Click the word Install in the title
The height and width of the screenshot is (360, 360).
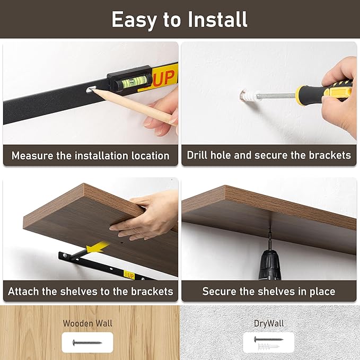pyautogui.click(x=217, y=20)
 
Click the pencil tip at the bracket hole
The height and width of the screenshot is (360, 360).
pyautogui.click(x=92, y=90)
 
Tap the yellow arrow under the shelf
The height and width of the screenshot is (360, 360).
pyautogui.click(x=97, y=248)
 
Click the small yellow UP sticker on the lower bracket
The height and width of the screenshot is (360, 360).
pyautogui.click(x=129, y=274)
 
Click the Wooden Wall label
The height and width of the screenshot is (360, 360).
pyautogui.click(x=87, y=323)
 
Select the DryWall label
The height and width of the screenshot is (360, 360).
pyautogui.click(x=269, y=323)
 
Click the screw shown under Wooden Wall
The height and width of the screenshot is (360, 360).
pyautogui.click(x=87, y=343)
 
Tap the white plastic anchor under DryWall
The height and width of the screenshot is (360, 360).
pyautogui.click(x=268, y=346)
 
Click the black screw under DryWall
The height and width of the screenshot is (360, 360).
pyautogui.click(x=268, y=339)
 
